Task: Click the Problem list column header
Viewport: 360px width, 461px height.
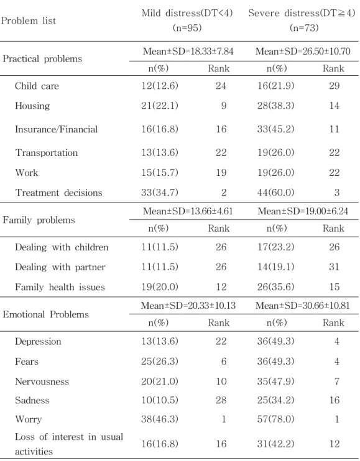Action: (x=29, y=21)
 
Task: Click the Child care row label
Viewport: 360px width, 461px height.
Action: (x=37, y=86)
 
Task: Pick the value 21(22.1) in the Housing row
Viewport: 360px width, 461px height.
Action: (x=160, y=106)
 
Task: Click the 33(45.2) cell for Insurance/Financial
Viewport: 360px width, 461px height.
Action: (x=275, y=129)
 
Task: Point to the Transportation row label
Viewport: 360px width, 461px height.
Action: (x=47, y=153)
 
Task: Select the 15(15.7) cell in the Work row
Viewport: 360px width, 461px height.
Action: (x=160, y=172)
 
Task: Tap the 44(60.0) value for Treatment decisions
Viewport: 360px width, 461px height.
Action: (x=275, y=192)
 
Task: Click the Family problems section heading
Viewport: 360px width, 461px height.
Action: (x=39, y=220)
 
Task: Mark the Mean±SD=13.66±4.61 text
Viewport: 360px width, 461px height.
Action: (x=188, y=211)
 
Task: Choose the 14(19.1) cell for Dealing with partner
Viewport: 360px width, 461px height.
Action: (x=275, y=267)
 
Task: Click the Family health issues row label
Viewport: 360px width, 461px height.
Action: (x=60, y=286)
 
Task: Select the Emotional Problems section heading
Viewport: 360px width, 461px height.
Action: (x=45, y=314)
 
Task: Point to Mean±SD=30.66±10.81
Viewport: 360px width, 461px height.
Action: (x=303, y=306)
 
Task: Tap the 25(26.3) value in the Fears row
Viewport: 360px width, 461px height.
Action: (x=160, y=361)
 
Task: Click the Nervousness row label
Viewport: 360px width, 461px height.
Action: (x=42, y=381)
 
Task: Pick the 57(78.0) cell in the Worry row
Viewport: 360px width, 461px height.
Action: (x=275, y=419)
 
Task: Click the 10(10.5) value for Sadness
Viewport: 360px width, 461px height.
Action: (x=160, y=400)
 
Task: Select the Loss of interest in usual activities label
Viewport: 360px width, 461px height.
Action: (x=69, y=444)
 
